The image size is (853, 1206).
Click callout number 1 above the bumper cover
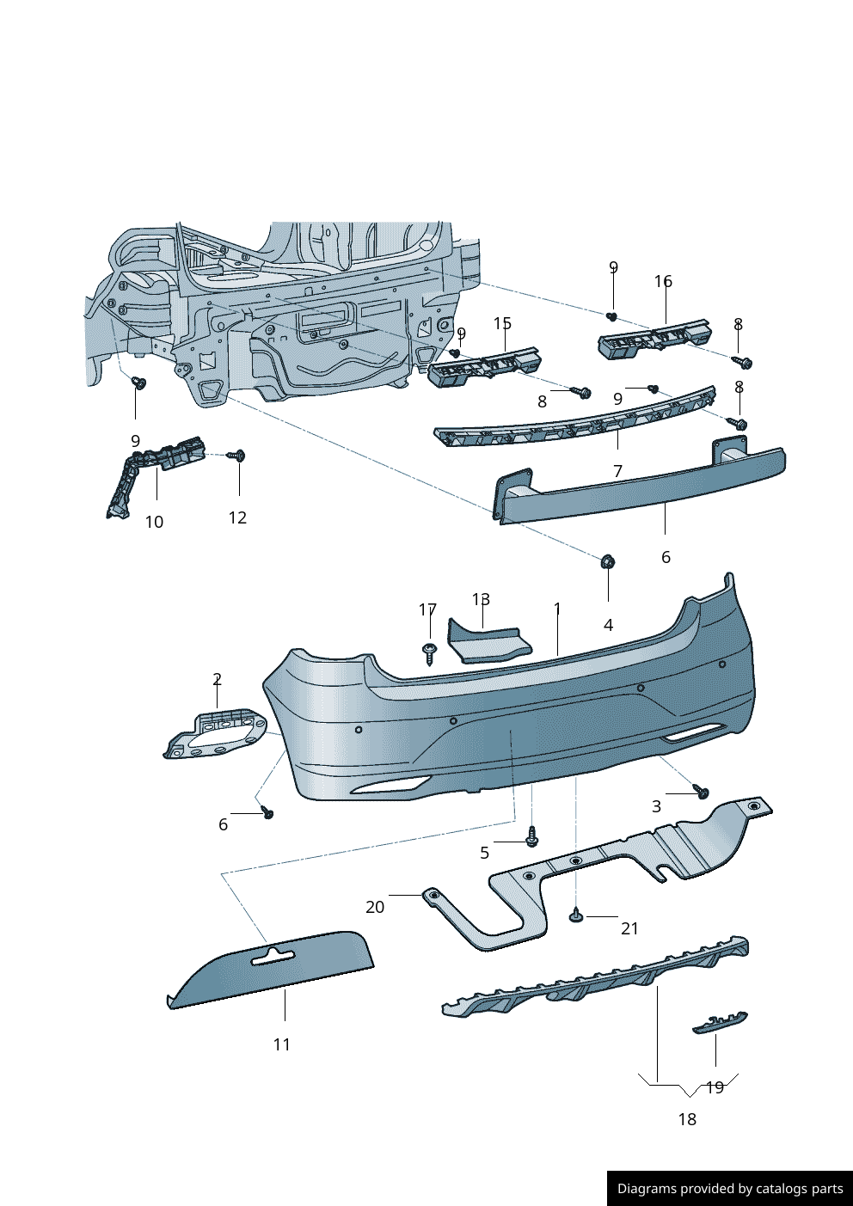[x=557, y=609]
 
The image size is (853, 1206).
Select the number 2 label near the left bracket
[x=218, y=679]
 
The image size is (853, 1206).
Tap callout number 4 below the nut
[x=609, y=625]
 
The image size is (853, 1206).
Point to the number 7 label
[x=617, y=471]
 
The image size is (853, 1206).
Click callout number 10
[x=154, y=522]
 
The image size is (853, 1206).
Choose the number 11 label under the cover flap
[x=282, y=1044]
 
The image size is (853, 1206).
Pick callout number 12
[x=237, y=517]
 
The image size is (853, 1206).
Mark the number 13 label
[x=481, y=599]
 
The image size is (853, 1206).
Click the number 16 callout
[x=663, y=281]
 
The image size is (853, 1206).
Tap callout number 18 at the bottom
[x=687, y=1119]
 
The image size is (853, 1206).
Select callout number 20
[x=375, y=907]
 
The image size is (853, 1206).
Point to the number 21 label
[x=630, y=928]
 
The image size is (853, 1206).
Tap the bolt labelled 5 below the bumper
[x=531, y=836]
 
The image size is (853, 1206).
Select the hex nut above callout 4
[x=607, y=562]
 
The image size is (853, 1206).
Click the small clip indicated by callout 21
[x=576, y=916]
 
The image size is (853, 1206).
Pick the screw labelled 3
[x=702, y=792]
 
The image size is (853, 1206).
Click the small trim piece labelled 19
[x=720, y=1022]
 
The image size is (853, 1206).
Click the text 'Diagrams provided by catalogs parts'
[x=730, y=1189]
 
